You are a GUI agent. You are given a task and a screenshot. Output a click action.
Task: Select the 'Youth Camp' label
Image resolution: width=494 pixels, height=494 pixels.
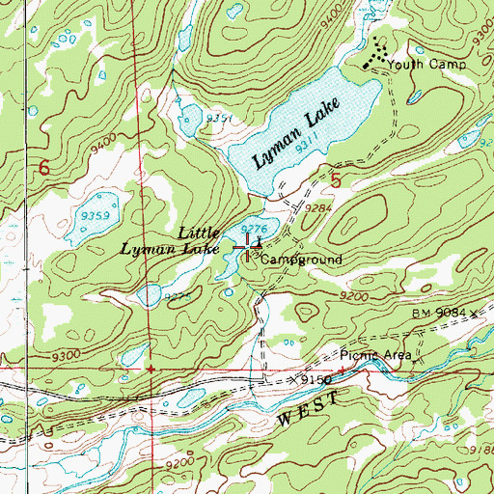tap(428, 65)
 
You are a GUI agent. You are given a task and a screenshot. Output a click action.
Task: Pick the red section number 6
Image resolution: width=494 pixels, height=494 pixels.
tap(43, 168)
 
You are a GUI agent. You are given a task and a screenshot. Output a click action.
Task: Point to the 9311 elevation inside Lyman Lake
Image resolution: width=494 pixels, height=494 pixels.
tap(307, 146)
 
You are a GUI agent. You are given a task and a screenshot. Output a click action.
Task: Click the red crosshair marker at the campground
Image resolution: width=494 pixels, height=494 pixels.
tap(247, 247)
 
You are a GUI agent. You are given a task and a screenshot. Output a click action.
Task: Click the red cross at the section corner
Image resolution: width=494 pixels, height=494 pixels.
tap(150, 369)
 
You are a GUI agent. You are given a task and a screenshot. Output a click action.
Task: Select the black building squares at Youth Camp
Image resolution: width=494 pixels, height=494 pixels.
tap(378, 55)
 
